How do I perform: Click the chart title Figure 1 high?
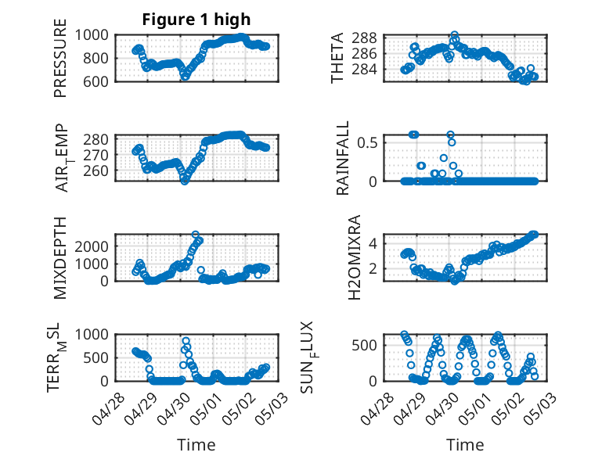point(196,20)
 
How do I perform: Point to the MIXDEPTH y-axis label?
point(60,257)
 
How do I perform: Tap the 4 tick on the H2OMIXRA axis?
point(377,243)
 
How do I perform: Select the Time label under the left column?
point(196,444)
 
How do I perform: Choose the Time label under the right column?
point(465,444)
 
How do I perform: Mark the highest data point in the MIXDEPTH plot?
point(196,235)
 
